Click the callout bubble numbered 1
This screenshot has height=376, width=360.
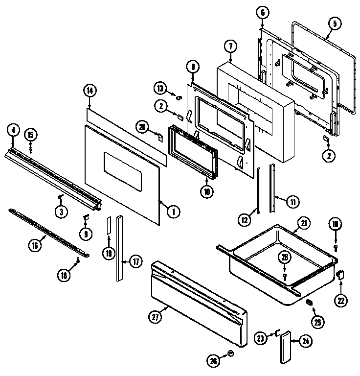click(x=172, y=211)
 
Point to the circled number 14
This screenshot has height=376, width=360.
click(x=90, y=90)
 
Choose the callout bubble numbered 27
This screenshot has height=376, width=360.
click(x=155, y=317)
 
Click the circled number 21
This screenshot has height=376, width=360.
click(x=304, y=224)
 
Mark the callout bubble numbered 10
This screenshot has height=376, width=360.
click(x=207, y=192)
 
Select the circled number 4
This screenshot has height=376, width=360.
click(x=13, y=130)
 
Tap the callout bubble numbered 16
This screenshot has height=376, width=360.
click(x=35, y=245)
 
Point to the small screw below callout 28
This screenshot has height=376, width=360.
click(x=284, y=277)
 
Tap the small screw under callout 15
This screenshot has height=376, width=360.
click(x=30, y=148)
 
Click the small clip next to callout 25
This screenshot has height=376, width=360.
click(x=309, y=303)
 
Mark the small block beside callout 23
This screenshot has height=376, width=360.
click(x=277, y=332)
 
